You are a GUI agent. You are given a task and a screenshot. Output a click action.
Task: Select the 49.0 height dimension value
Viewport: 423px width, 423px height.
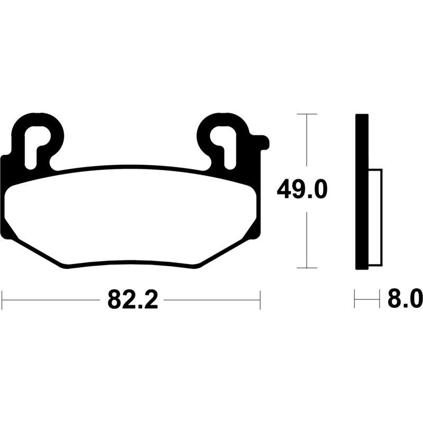pyautogui.click(x=302, y=189)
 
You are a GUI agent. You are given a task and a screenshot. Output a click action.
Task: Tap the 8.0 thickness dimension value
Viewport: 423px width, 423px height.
pyautogui.click(x=405, y=300)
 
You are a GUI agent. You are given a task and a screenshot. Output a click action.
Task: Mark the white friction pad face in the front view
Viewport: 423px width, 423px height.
pyautogui.click(x=132, y=217)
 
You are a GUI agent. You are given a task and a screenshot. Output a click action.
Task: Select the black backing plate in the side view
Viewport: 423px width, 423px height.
pyautogui.click(x=362, y=190)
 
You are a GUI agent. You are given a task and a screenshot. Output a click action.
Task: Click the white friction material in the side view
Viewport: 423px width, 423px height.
pyautogui.click(x=374, y=217)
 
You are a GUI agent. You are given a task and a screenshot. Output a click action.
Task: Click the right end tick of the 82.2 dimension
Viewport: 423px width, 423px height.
pyautogui.click(x=260, y=300)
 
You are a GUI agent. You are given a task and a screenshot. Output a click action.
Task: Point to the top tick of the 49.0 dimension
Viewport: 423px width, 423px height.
pyautogui.click(x=307, y=114)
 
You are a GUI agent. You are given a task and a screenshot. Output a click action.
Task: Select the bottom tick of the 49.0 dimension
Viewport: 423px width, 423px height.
pyautogui.click(x=307, y=268)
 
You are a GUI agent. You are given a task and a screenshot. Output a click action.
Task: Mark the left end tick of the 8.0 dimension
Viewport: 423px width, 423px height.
pyautogui.click(x=355, y=300)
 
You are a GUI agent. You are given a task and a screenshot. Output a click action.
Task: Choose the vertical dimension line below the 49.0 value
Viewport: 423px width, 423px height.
pyautogui.click(x=307, y=238)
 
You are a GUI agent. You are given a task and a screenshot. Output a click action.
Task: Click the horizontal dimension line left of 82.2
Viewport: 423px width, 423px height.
pyautogui.click(x=53, y=300)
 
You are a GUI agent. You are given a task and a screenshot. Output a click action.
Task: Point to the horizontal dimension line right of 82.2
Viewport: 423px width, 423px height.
pyautogui.click(x=212, y=300)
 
